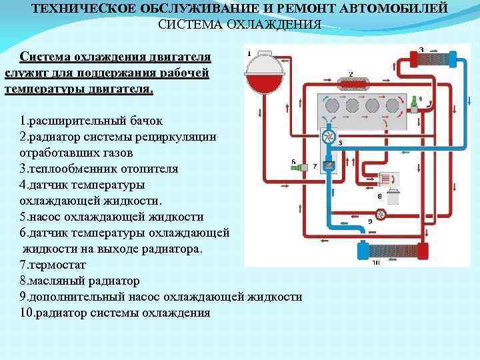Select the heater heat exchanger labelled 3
click(434, 57)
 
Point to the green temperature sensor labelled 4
click(414, 103)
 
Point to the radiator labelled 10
click(392, 251)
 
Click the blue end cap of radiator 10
click(363, 251)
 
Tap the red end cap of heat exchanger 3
click(413, 58)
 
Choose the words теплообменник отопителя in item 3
click(103, 169)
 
